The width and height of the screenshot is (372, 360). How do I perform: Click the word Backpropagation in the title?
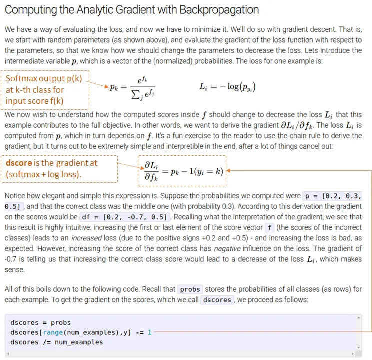tap(215, 10)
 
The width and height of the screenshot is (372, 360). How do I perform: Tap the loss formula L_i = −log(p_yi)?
tap(227, 87)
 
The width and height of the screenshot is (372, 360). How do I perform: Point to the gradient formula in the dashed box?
tap(182, 171)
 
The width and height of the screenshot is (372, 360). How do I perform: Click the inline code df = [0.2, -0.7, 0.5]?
tap(124, 217)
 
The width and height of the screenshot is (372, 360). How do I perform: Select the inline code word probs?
tap(190, 289)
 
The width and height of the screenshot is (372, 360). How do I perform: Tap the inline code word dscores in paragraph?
tap(217, 300)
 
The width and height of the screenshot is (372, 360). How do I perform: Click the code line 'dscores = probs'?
tap(40, 322)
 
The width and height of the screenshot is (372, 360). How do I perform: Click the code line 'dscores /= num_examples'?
tap(56, 342)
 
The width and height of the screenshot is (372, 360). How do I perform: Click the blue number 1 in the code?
tap(149, 332)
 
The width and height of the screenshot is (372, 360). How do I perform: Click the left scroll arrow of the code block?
tap(8, 353)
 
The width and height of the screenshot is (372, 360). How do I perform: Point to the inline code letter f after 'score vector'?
tap(269, 227)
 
